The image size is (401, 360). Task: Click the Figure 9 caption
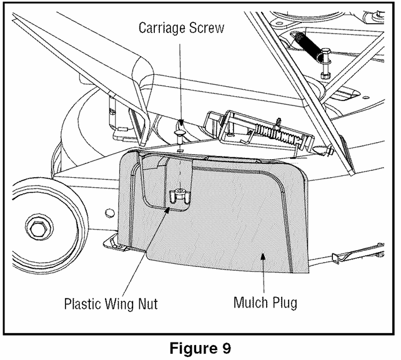pyautogui.click(x=200, y=348)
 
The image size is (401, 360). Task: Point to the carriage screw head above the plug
pyautogui.click(x=180, y=133)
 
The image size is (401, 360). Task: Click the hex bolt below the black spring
pyautogui.click(x=325, y=64)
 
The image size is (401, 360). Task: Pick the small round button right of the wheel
pyautogui.click(x=109, y=212)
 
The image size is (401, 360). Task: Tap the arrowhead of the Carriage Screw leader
pyautogui.click(x=181, y=122)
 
